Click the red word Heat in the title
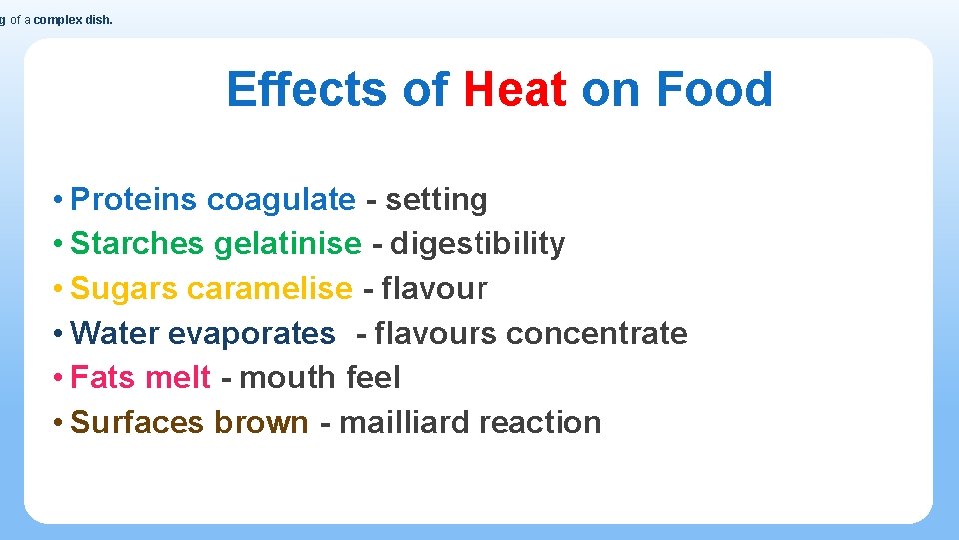click(x=515, y=89)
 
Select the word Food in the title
click(x=714, y=89)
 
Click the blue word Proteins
click(x=135, y=200)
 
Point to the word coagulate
click(x=281, y=200)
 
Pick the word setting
click(x=437, y=200)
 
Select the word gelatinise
click(x=288, y=244)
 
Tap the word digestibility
click(x=478, y=244)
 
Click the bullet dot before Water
click(x=61, y=333)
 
